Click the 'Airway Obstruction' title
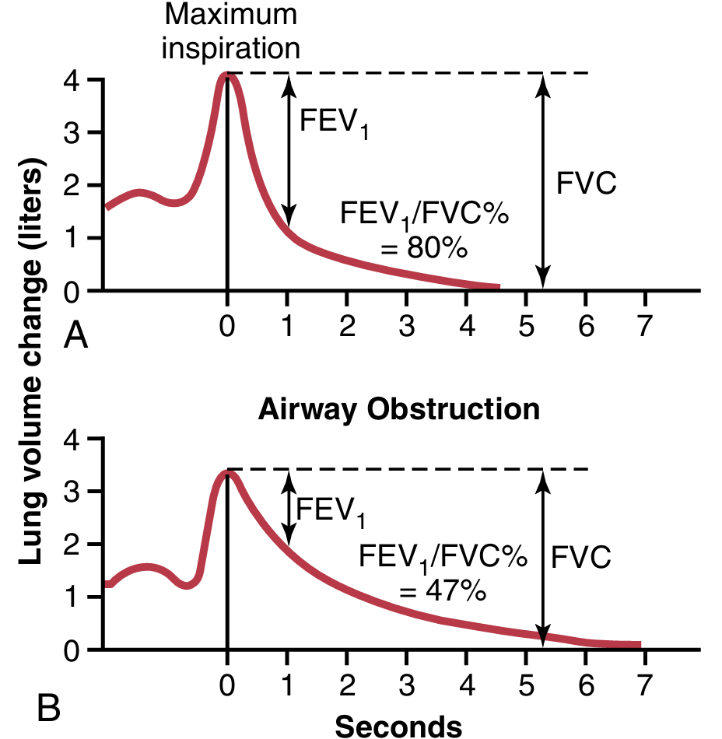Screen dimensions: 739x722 (x=398, y=409)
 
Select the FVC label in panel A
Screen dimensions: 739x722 (x=587, y=184)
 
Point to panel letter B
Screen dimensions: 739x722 (x=47, y=709)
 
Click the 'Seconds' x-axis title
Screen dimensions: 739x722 (x=398, y=725)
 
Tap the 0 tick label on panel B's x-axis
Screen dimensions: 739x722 (x=226, y=686)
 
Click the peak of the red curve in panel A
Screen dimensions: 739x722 (x=227, y=75)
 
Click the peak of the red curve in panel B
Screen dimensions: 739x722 (x=227, y=472)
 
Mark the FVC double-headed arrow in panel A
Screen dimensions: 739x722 (x=543, y=180)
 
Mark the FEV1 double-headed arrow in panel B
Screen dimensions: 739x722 (x=289, y=509)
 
